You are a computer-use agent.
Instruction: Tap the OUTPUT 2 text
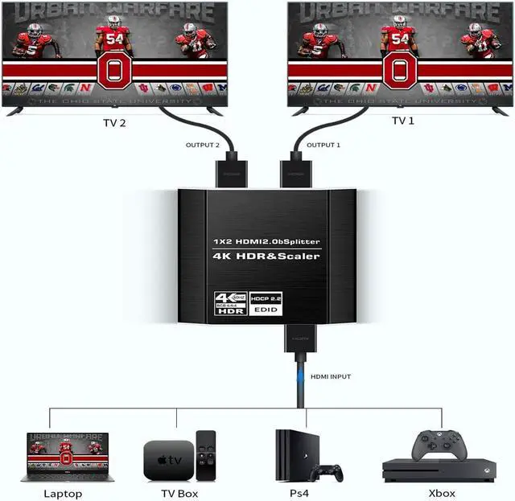(x=202, y=145)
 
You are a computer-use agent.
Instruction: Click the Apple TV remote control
(x=207, y=454)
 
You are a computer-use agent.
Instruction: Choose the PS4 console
(x=290, y=454)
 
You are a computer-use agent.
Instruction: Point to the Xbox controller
(x=438, y=446)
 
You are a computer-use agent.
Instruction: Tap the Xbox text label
(x=441, y=493)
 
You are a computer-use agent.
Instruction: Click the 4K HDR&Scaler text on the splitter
(x=266, y=257)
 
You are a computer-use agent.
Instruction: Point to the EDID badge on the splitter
(x=266, y=309)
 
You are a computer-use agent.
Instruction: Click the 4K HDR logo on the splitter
(x=231, y=302)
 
